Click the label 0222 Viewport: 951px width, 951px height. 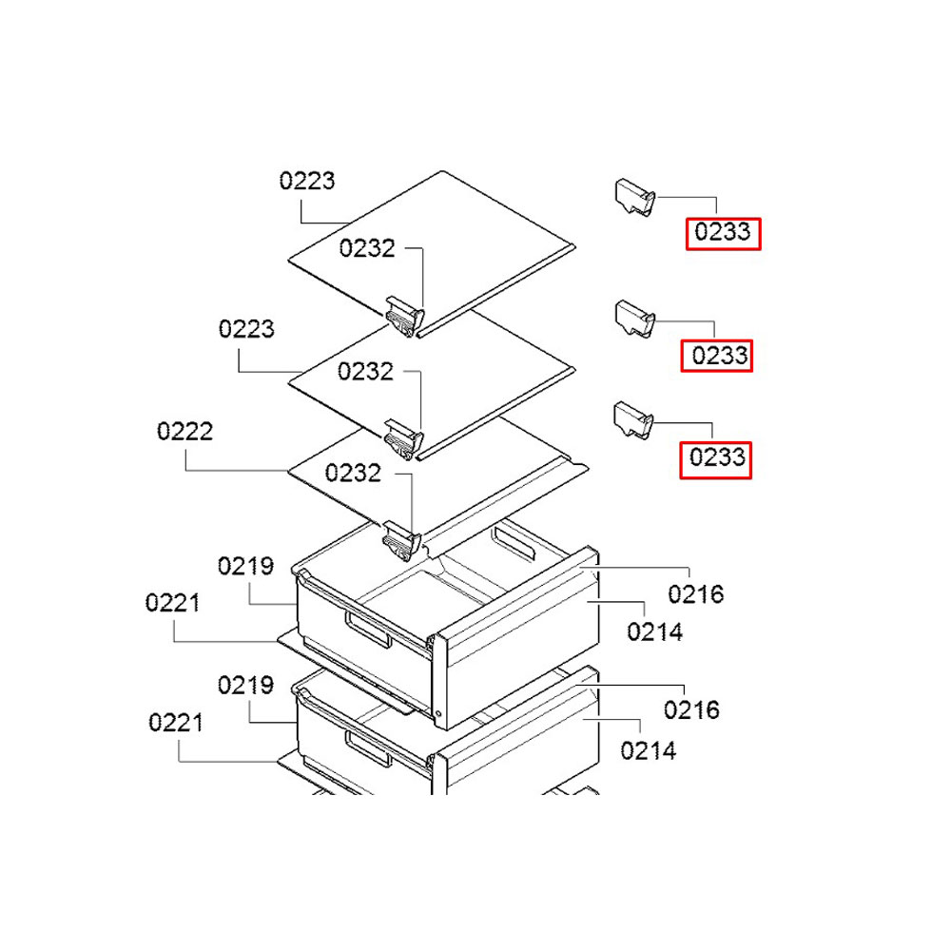pyautogui.click(x=185, y=431)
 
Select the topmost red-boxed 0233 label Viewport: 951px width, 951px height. pyautogui.click(x=723, y=234)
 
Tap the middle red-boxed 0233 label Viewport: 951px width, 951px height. pyautogui.click(x=716, y=356)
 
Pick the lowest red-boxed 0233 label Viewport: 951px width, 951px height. pyautogui.click(x=716, y=459)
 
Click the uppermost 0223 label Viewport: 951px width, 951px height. pyautogui.click(x=307, y=181)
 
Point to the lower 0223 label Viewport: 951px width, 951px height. pyautogui.click(x=246, y=329)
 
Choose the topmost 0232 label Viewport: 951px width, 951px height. pyautogui.click(x=367, y=248)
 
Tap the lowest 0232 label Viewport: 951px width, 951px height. pyautogui.click(x=353, y=473)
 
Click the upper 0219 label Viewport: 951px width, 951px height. pyautogui.click(x=245, y=566)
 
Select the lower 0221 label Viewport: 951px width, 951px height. pyautogui.click(x=176, y=723)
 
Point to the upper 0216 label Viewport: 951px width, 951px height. pyautogui.click(x=696, y=594)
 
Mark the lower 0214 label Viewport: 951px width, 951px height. pyautogui.click(x=649, y=751)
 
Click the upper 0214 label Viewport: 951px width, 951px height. pyautogui.click(x=655, y=632)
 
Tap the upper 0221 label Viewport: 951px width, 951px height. pyautogui.click(x=173, y=603)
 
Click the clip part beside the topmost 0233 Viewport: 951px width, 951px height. pyautogui.click(x=635, y=197)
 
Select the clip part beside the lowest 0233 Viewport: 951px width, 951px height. pyautogui.click(x=633, y=420)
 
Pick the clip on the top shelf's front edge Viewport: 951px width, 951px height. pyautogui.click(x=404, y=316)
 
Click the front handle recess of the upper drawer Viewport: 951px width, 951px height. pyautogui.click(x=368, y=630)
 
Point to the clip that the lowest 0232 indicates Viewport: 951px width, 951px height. pyautogui.click(x=401, y=540)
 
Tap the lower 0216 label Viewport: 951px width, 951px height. pyautogui.click(x=691, y=709)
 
